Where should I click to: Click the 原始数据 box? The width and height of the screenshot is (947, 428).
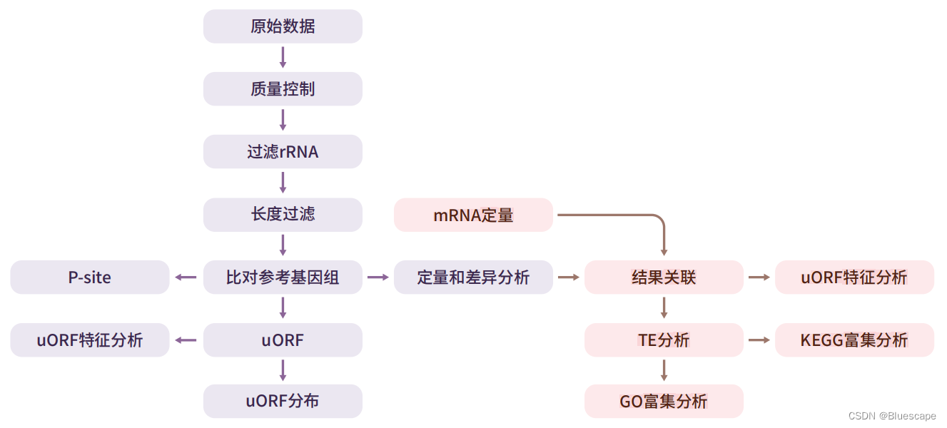[283, 26]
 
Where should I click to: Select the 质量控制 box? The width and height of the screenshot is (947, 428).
[283, 89]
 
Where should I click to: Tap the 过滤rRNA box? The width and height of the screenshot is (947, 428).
[283, 152]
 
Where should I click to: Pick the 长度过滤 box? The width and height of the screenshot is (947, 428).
[283, 214]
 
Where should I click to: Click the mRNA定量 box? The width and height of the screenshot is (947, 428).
[473, 215]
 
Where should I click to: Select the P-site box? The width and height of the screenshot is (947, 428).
[90, 277]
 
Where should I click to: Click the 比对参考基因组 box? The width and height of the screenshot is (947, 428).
[283, 277]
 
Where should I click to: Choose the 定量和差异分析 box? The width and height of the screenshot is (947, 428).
[473, 277]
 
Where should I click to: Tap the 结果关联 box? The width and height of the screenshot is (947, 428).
[664, 277]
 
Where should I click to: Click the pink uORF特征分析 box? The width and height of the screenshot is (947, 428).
[854, 277]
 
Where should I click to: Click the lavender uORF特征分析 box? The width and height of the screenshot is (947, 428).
[90, 340]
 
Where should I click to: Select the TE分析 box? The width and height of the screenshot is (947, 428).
[664, 340]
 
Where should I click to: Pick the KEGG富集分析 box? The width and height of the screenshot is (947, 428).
[854, 340]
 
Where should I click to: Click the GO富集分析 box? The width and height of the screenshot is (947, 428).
[664, 402]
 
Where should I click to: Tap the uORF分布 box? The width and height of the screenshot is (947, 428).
[283, 402]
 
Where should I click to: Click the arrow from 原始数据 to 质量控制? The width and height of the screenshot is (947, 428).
[283, 58]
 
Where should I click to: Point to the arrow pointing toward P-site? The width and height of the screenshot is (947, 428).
[186, 277]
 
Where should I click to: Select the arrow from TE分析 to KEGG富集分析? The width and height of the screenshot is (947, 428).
[759, 340]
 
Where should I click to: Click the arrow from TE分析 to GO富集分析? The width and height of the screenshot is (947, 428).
[664, 370]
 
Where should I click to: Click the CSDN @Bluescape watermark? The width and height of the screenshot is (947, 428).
[892, 416]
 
